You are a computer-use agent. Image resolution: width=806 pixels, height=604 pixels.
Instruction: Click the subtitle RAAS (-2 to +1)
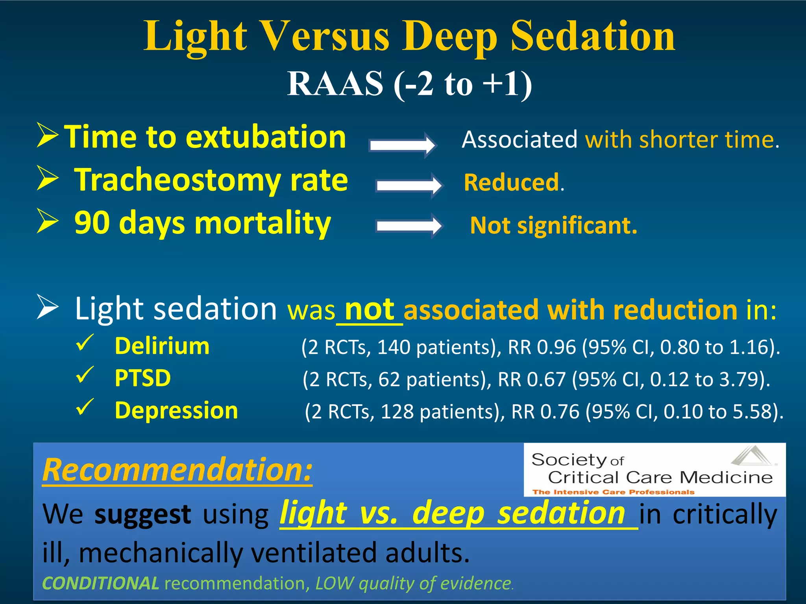pos(409,83)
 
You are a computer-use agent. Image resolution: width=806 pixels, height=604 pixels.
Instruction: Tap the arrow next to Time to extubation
pos(402,145)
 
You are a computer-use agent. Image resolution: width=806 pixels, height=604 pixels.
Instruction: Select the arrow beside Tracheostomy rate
pos(409,185)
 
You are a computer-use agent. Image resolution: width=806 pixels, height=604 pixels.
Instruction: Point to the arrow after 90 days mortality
pos(409,226)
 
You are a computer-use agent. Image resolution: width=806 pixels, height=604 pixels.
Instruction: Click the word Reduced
pos(511,182)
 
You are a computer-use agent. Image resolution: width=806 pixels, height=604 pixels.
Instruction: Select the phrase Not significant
pos(553,226)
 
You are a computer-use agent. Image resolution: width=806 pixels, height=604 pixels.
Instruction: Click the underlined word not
pos(369,309)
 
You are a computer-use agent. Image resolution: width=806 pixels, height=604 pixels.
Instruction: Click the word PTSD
pos(142,378)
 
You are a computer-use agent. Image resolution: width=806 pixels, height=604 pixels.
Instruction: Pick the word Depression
pos(176,411)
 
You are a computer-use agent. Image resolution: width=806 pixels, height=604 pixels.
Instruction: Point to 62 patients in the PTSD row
pos(434,379)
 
